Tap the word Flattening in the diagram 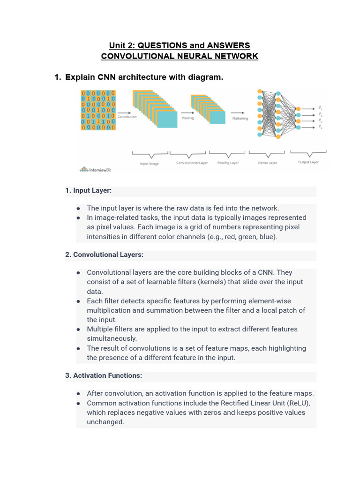pyautogui.click(x=240, y=119)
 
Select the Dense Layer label pyautogui.click(x=268, y=163)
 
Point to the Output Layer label pyautogui.click(x=308, y=162)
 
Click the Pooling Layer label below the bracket pyautogui.click(x=228, y=163)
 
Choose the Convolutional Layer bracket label pyautogui.click(x=192, y=163)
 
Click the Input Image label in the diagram pyautogui.click(x=150, y=164)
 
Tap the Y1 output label pyautogui.click(x=320, y=108)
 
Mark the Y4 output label pyautogui.click(x=320, y=127)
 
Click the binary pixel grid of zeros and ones pyautogui.click(x=98, y=110)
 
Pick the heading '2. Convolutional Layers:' pyautogui.click(x=104, y=255)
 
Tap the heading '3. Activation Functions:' pyautogui.click(x=104, y=375)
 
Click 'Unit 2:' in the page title pyautogui.click(x=122, y=45)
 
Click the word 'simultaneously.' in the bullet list pyautogui.click(x=112, y=338)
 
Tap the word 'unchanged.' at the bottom pyautogui.click(x=105, y=422)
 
